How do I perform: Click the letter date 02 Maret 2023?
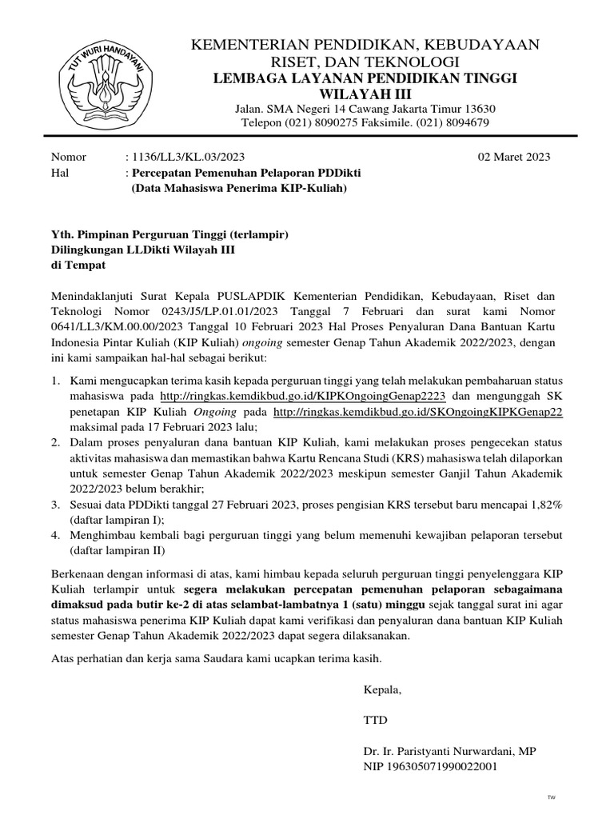pos(513,157)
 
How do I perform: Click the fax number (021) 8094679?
pos(454,122)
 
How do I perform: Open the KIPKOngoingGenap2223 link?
pos(307,396)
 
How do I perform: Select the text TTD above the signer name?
pos(375,720)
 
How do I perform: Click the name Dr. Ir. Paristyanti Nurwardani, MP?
pos(450,751)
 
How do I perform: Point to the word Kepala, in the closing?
pos(382,689)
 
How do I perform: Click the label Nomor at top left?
pos(68,157)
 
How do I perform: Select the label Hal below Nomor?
pos(60,173)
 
